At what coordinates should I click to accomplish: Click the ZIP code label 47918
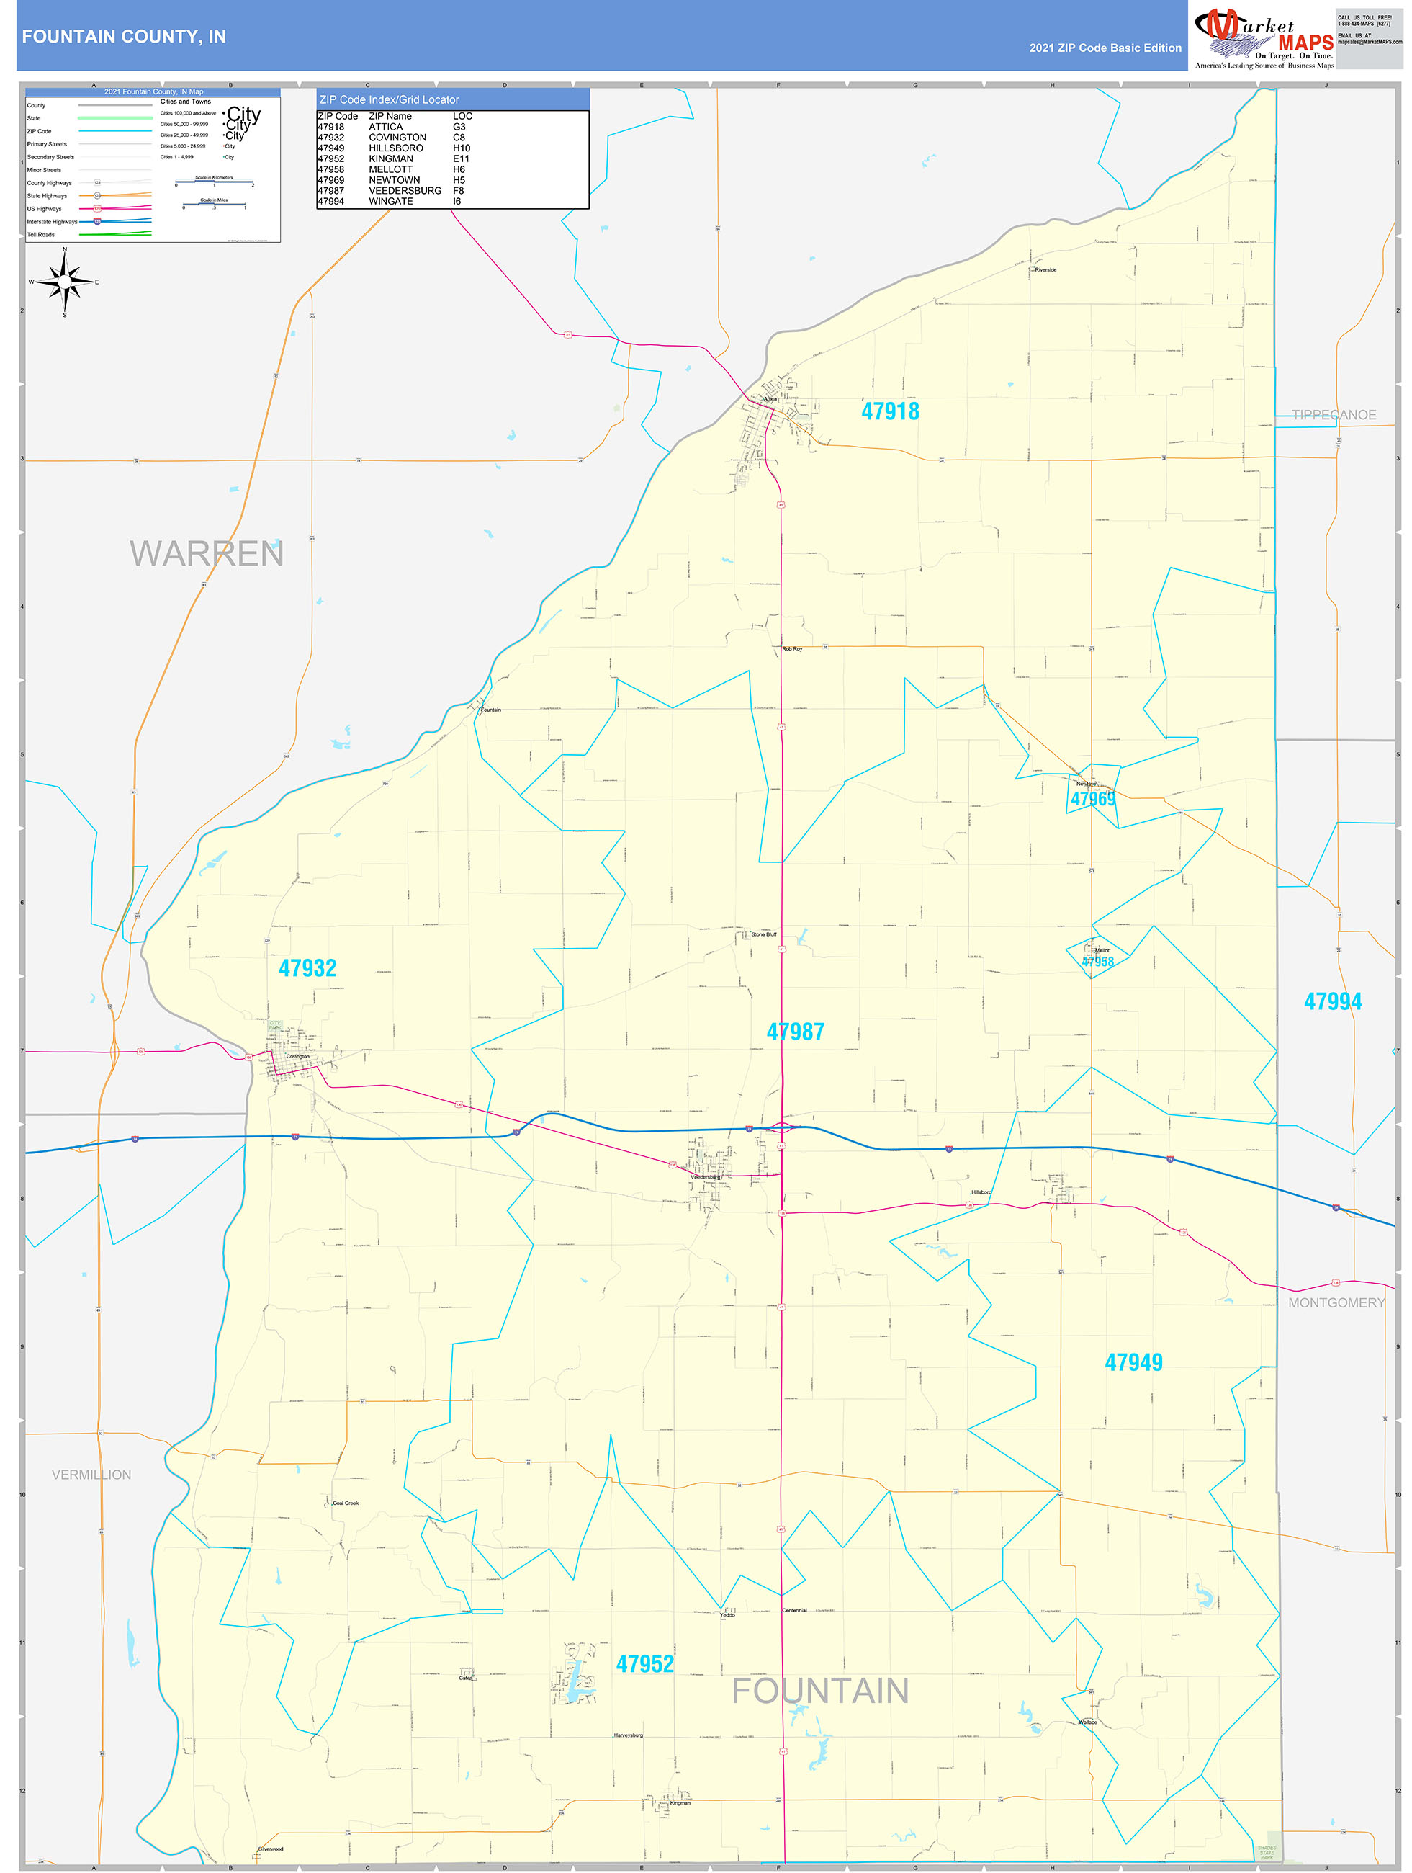click(x=890, y=411)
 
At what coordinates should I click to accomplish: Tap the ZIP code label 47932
click(x=307, y=967)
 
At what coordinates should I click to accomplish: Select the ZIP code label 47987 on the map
click(x=795, y=1032)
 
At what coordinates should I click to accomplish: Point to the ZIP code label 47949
click(x=1133, y=1362)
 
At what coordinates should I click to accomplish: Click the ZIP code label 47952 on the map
click(x=644, y=1664)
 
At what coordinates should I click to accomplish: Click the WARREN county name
click(x=207, y=554)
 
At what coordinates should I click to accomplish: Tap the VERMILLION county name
click(x=91, y=1474)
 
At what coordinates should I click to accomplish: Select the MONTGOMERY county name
click(x=1336, y=1302)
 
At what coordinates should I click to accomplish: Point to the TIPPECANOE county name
click(x=1334, y=415)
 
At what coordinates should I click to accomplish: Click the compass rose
click(x=64, y=282)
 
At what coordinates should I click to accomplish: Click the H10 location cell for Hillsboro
click(x=462, y=148)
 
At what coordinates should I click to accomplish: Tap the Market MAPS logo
click(x=1264, y=38)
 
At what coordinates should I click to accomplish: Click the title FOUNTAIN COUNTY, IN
click(x=124, y=37)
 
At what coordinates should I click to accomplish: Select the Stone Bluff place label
click(x=763, y=935)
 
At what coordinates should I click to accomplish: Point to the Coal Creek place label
click(x=346, y=1503)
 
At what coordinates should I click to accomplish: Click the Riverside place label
click(x=1045, y=270)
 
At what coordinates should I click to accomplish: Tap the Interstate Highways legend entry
click(x=52, y=222)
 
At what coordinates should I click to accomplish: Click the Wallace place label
click(x=1088, y=1722)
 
